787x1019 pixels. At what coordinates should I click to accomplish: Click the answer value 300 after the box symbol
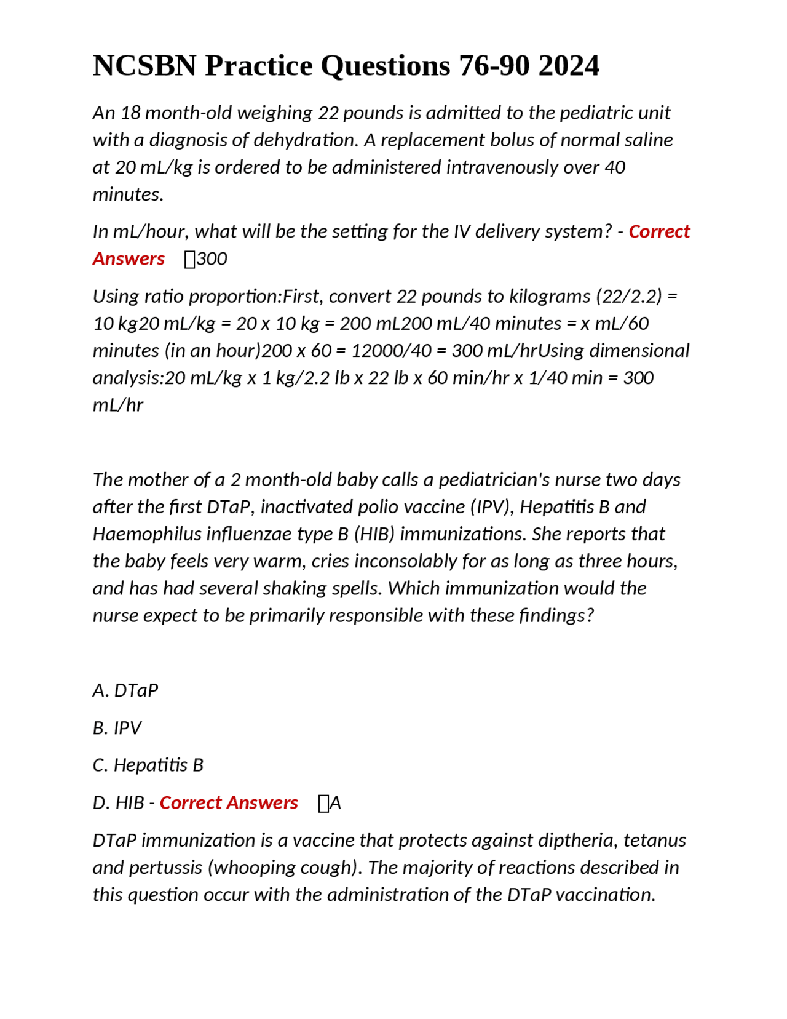[212, 259]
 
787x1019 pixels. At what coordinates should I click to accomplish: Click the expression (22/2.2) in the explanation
[628, 297]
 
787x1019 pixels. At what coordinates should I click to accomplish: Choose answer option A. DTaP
[125, 690]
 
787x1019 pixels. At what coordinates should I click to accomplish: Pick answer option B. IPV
[117, 729]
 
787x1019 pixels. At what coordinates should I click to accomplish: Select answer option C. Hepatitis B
[148, 765]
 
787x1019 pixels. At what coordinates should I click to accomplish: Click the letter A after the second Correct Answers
[335, 804]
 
